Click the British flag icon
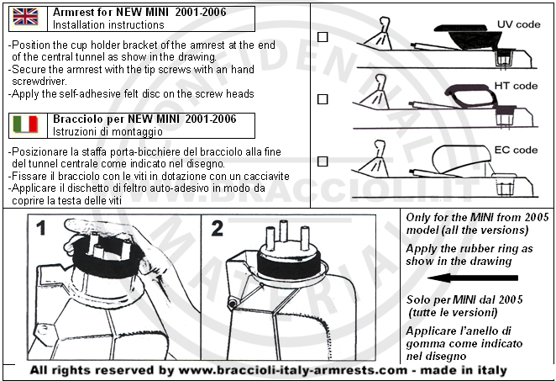click(25, 17)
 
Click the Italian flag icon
click(25, 124)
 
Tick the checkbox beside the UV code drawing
click(323, 37)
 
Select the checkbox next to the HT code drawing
click(323, 99)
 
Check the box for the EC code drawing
click(323, 161)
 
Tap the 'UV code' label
click(518, 24)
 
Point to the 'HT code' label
click(516, 86)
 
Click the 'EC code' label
click(516, 150)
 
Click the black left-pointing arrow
click(473, 278)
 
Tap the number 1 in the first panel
click(41, 228)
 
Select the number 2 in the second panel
click(217, 228)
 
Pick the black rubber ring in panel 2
click(289, 264)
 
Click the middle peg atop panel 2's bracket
click(283, 231)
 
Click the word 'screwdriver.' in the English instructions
click(39, 82)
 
